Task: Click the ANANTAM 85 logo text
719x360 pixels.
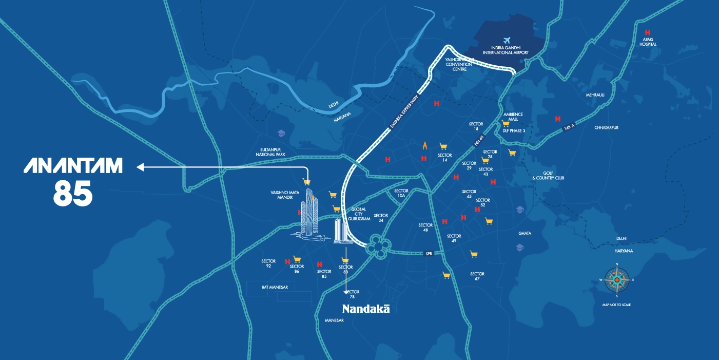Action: tap(73, 180)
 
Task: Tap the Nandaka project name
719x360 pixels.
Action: tap(366, 309)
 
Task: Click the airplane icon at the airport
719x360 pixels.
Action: tap(508, 41)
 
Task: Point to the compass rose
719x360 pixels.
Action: tap(616, 280)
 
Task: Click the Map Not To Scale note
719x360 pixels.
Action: tap(616, 305)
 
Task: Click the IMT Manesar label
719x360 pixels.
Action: tap(271, 287)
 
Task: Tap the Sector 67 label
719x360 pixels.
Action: tap(477, 276)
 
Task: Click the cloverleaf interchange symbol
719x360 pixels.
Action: tap(378, 247)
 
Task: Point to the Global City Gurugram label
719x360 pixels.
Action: tap(359, 214)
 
